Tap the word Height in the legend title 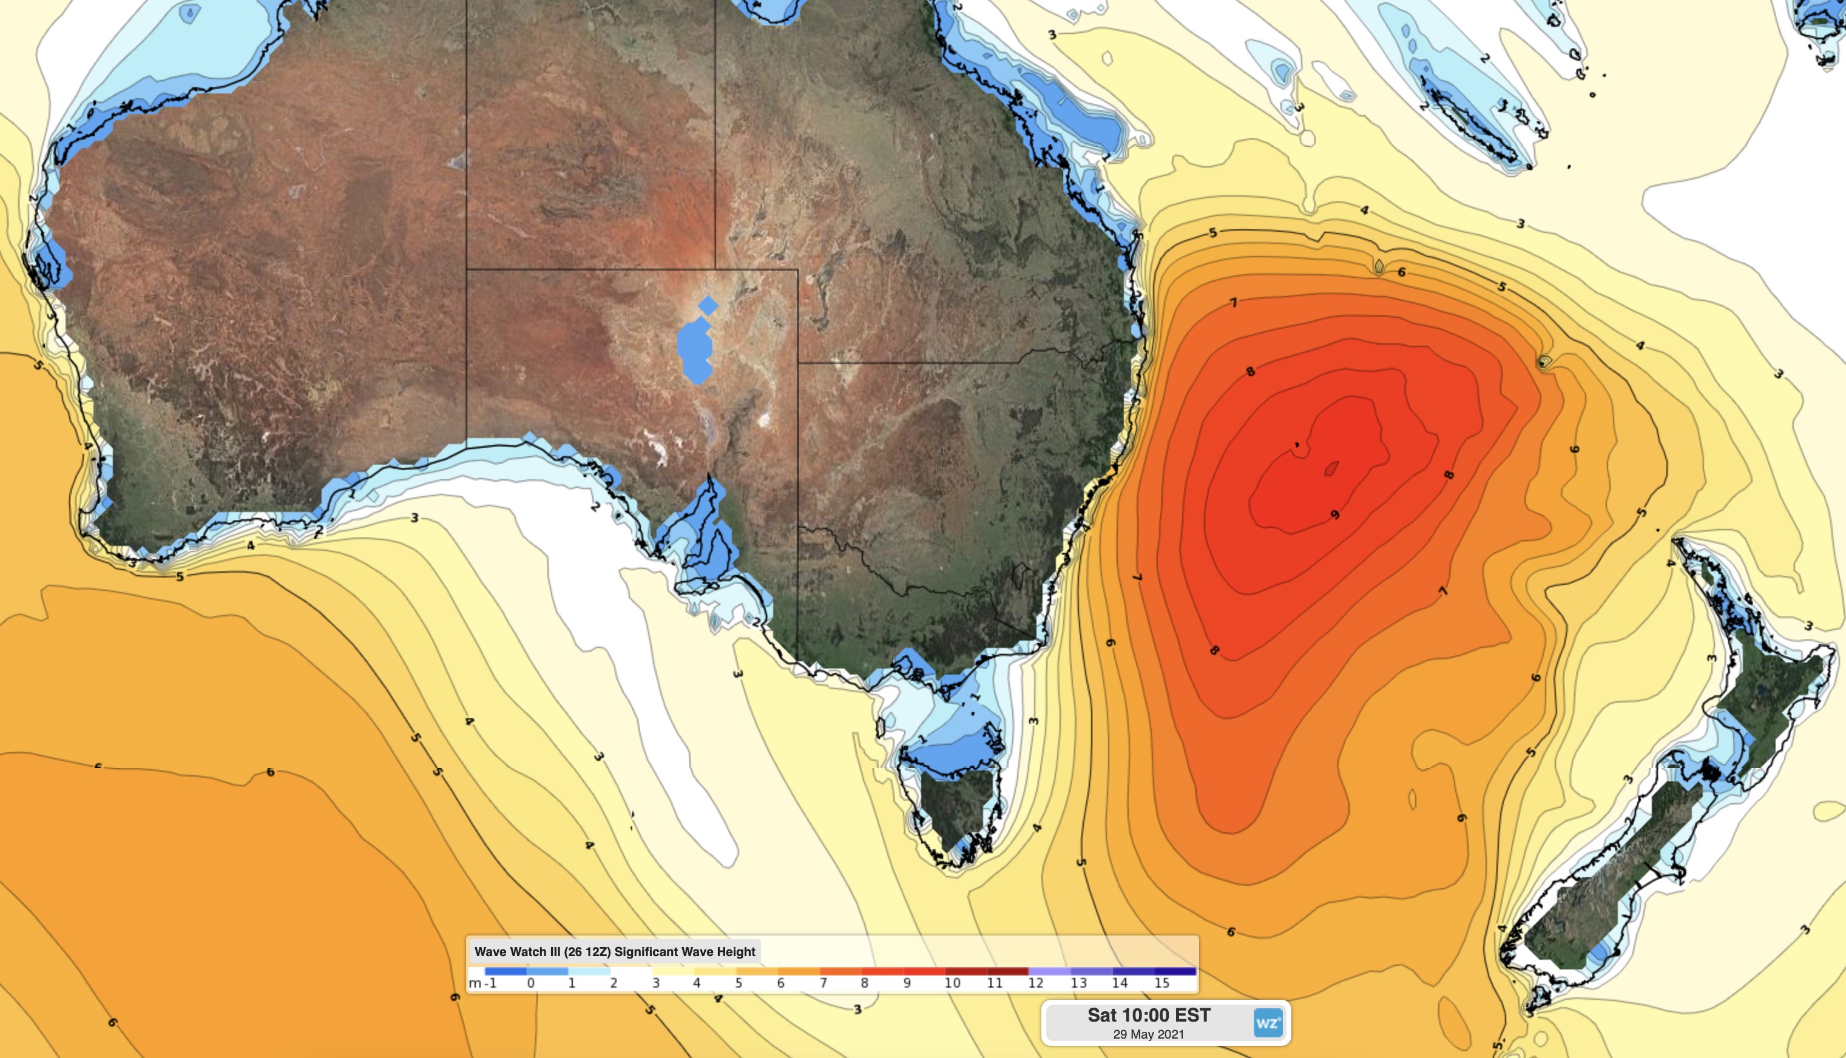coord(735,952)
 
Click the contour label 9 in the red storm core coord(1334,515)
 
